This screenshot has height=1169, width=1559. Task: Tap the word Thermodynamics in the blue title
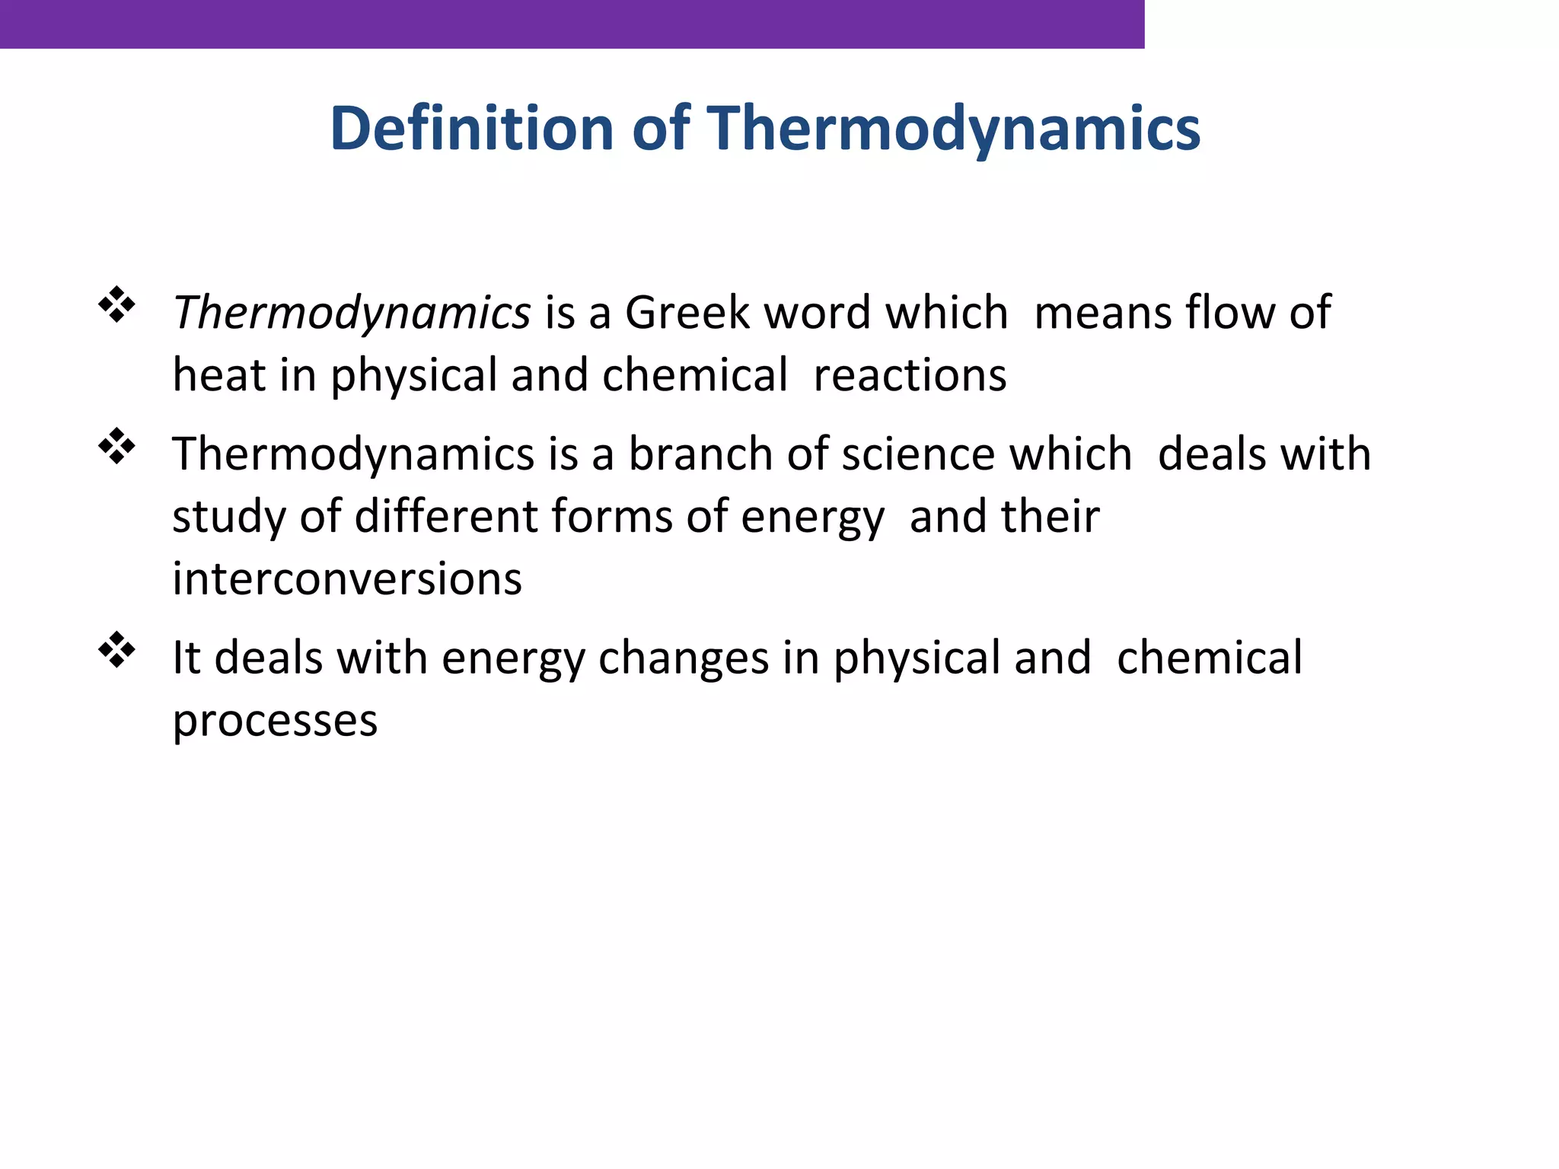click(955, 129)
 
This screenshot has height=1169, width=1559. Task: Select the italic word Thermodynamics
click(352, 313)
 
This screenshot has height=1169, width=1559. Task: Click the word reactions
click(910, 375)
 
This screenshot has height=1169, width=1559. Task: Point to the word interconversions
click(347, 579)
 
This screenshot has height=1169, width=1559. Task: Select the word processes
click(275, 721)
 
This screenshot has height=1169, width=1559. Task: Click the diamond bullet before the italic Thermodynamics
click(116, 304)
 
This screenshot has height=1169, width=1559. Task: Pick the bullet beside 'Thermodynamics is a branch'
click(116, 446)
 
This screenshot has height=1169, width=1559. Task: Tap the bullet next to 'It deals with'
click(116, 649)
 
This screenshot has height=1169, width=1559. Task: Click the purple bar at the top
click(571, 24)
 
